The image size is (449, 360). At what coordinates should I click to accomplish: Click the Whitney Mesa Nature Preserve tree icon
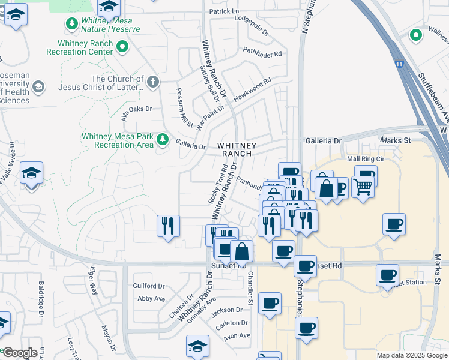click(71, 23)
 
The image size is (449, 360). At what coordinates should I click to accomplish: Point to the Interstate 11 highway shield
click(399, 62)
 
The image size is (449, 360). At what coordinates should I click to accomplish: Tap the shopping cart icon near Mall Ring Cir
click(363, 186)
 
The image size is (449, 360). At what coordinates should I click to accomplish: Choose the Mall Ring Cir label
click(365, 159)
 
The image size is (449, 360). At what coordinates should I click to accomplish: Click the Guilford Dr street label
click(149, 286)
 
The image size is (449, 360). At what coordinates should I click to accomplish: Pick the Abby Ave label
click(151, 298)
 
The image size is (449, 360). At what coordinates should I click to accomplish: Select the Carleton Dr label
click(232, 323)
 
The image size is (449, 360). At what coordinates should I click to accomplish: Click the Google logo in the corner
click(20, 353)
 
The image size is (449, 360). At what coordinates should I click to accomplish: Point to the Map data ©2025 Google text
click(411, 355)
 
